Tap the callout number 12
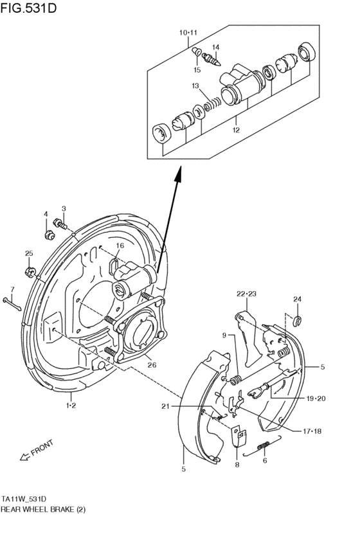coord(236,130)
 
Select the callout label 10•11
coord(188,32)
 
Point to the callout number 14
coord(216,47)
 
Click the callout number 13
coord(195,85)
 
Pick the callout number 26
coord(151,365)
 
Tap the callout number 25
coord(29,253)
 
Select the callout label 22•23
coord(246,294)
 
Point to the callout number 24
coord(297,299)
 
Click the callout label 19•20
coord(315,399)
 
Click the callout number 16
coord(120,246)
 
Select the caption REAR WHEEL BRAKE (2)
coord(43,508)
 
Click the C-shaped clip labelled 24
coord(298,319)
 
